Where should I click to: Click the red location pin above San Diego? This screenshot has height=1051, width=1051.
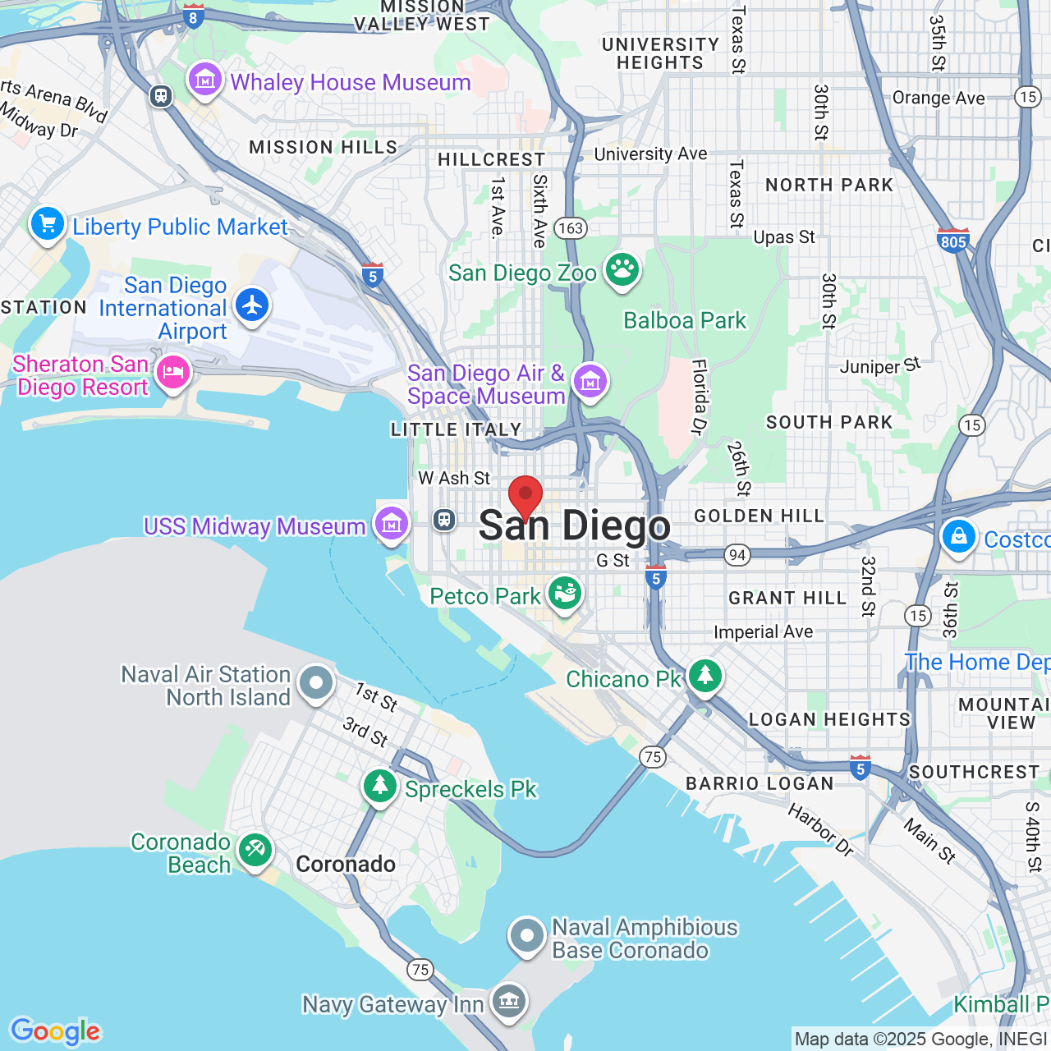coord(525,496)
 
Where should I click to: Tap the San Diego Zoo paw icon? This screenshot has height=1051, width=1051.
coord(622,269)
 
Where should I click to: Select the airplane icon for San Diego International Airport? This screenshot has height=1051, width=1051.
coord(252,305)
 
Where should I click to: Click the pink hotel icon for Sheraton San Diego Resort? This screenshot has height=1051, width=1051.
coord(172,373)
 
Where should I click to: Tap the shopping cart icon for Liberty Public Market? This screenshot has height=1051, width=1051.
coord(48,223)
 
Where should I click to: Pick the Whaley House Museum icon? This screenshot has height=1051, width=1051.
coord(204,80)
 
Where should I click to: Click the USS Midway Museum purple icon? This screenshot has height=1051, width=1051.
coord(391,523)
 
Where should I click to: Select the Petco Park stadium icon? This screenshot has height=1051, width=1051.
coord(564,592)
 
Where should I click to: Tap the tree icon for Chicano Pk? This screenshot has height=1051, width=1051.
coord(704,676)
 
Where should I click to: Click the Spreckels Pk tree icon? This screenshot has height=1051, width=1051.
coord(379,786)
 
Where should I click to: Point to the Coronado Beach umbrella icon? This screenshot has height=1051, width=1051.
coord(255,850)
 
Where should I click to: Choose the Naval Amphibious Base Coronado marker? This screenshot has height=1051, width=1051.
coord(526,935)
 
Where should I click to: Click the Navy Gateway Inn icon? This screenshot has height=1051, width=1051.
coord(509,1000)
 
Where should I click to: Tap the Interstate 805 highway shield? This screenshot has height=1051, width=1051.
coord(953,240)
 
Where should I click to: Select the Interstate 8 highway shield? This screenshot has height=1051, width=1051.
coord(193,16)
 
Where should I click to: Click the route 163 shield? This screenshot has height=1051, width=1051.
coord(571,227)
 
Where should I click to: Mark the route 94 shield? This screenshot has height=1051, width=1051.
coord(737,555)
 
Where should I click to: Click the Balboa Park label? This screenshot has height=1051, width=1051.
coord(685,320)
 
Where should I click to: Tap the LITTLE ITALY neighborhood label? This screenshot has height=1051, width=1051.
coord(457,429)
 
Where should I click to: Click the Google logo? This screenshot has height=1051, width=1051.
coord(55,1031)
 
